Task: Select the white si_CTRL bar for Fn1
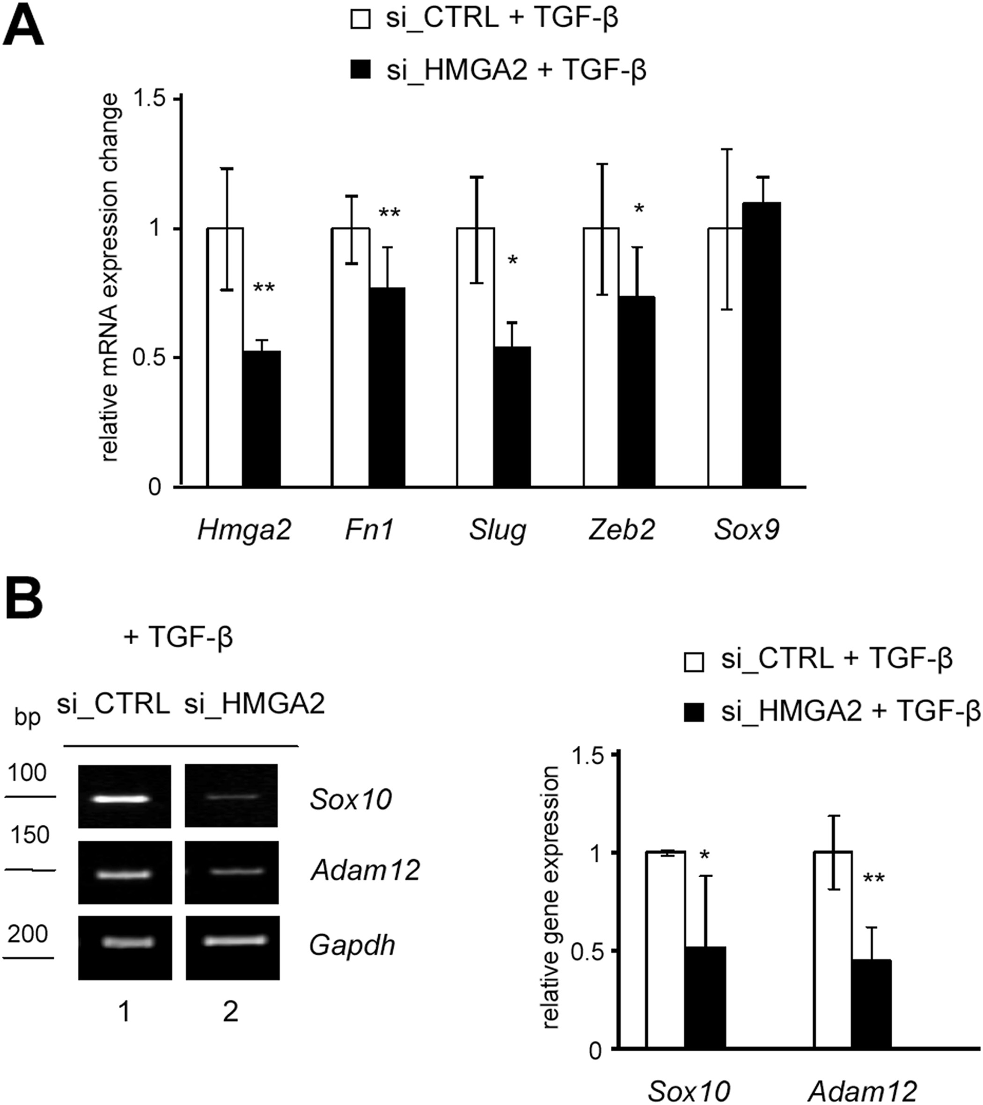click(351, 357)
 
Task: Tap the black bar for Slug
click(512, 416)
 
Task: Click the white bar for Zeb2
click(601, 357)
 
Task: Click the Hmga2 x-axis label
click(244, 530)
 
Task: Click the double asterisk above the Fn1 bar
click(389, 213)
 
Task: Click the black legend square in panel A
click(360, 70)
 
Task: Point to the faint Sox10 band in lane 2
click(231, 796)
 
